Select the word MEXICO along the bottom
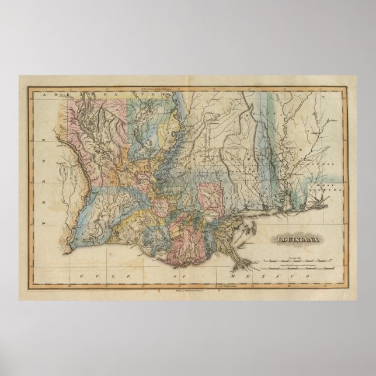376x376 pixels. click(250, 274)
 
